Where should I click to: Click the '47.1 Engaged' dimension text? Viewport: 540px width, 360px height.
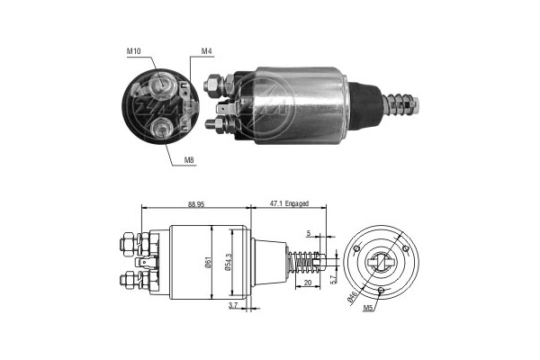point(294,205)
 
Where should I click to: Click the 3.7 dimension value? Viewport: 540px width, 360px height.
point(233,307)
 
